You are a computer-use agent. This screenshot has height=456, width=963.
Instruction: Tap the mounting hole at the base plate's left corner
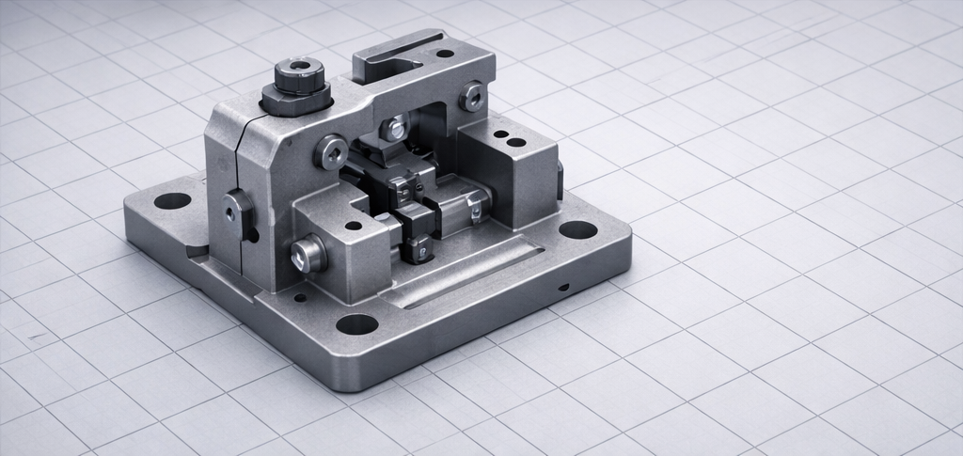[172, 200]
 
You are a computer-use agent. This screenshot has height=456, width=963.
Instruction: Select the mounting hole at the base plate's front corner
[356, 325]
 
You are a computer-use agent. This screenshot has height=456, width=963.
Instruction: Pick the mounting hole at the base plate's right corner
[577, 229]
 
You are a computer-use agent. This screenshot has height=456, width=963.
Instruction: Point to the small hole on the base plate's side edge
[562, 287]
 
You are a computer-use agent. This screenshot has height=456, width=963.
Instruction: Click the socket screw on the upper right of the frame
[471, 95]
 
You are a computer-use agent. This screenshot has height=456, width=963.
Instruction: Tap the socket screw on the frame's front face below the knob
[331, 149]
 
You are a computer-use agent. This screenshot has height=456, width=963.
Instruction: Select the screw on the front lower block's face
[308, 252]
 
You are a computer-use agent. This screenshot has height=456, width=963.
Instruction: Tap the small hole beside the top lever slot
[445, 54]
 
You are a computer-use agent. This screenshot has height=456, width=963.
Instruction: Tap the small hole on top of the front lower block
[353, 226]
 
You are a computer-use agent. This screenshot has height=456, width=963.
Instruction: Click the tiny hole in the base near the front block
[300, 298]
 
